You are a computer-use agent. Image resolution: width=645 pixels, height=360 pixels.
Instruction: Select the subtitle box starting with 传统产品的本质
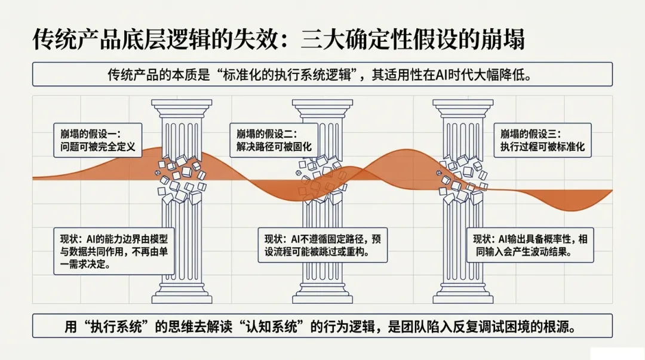click(x=322, y=75)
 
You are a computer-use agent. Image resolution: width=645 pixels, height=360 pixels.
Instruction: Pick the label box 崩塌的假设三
click(x=543, y=140)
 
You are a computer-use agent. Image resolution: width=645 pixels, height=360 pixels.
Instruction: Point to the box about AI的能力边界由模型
click(x=113, y=251)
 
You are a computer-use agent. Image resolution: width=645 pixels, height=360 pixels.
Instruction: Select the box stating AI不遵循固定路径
click(x=322, y=245)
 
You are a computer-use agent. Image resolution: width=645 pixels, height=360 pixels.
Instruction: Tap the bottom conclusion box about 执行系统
click(x=322, y=327)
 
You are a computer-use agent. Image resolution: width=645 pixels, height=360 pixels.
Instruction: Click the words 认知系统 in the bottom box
click(x=311, y=327)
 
